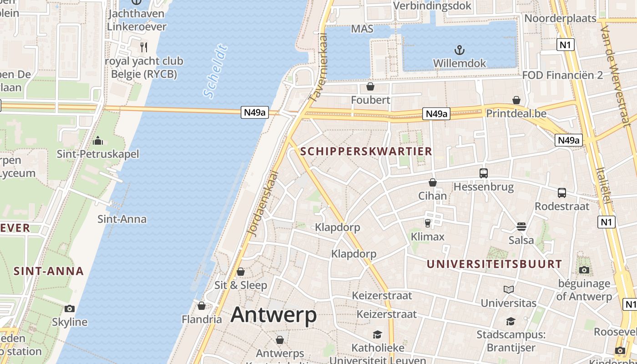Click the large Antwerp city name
(x=273, y=315)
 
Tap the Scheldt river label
(x=215, y=71)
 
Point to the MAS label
(x=362, y=29)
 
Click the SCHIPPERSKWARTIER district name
(x=366, y=152)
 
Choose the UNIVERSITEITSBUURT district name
(x=495, y=264)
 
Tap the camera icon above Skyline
(x=70, y=308)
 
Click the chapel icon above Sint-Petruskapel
(x=98, y=141)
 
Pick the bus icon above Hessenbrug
(x=483, y=173)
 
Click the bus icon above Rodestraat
(x=562, y=192)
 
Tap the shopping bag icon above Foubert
(x=370, y=86)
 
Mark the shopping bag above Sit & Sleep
(x=241, y=272)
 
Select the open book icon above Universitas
(x=509, y=289)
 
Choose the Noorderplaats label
(x=560, y=18)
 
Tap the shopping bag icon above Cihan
(x=432, y=182)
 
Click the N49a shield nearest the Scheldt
(x=255, y=112)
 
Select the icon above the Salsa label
(x=521, y=226)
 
